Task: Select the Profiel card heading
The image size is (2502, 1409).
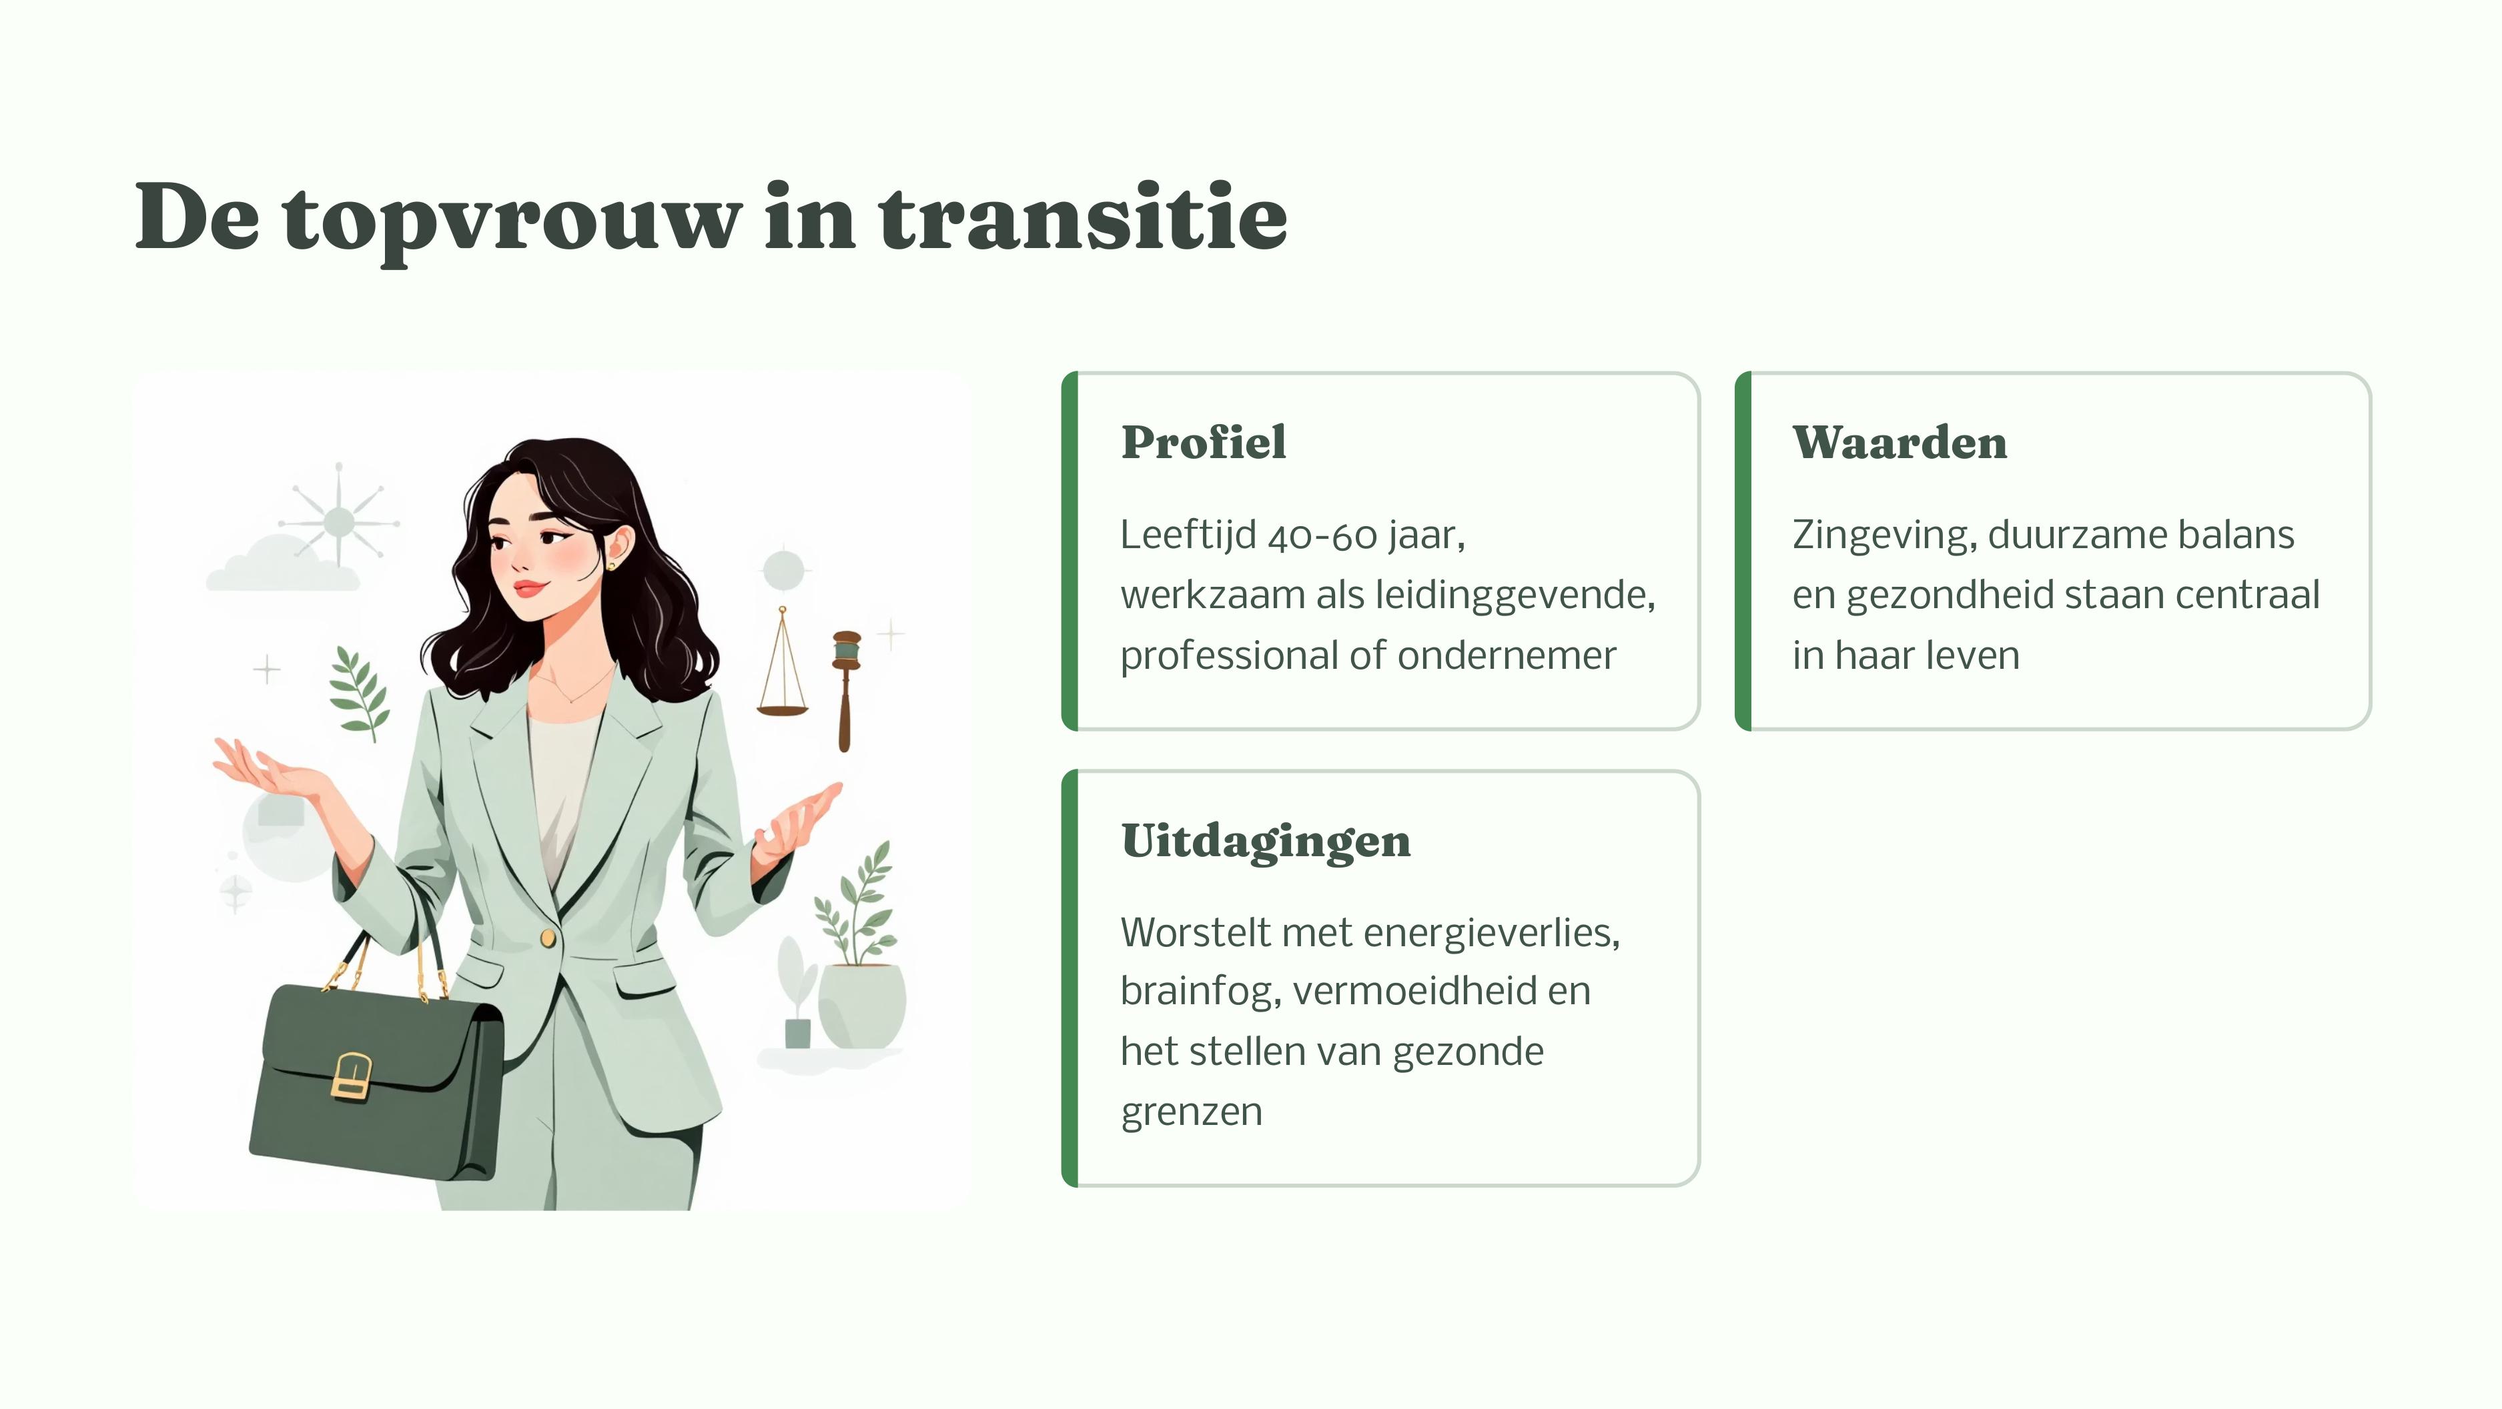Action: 1204,443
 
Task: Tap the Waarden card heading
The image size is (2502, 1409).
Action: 1900,443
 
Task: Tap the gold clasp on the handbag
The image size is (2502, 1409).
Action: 352,1076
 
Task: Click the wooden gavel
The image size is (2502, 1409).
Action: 845,690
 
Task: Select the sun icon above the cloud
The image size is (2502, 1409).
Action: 338,521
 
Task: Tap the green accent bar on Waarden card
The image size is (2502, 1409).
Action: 1743,551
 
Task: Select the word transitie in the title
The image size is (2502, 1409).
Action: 1083,219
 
